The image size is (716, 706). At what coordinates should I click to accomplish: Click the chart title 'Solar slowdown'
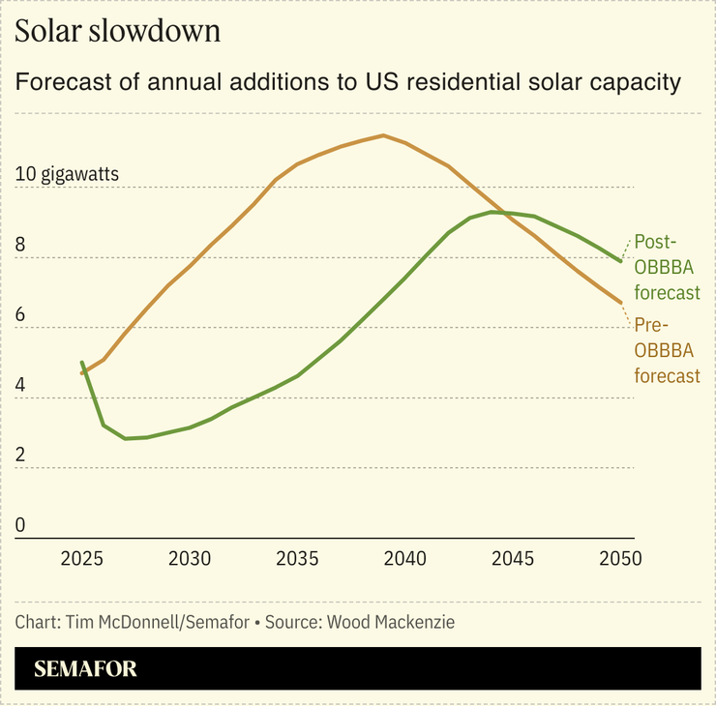118,31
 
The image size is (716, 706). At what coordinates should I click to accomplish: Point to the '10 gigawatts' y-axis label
68,175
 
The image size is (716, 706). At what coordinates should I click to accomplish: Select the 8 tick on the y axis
21,246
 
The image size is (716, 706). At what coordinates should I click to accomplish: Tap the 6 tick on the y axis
21,316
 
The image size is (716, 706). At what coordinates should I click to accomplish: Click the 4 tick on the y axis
21,386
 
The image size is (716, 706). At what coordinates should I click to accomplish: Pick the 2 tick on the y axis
21,456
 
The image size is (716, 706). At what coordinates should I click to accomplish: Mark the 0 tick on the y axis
21,526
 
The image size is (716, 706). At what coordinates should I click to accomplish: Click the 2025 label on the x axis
81,559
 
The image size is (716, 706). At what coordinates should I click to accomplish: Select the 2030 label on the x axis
190,559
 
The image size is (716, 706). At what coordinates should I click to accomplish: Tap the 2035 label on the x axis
297,559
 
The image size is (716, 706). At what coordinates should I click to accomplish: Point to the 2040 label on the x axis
405,559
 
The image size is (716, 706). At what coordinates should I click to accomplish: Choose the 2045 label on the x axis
513,559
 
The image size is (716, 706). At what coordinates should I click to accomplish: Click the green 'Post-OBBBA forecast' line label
666,267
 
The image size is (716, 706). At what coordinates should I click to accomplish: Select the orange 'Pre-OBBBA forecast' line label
666,350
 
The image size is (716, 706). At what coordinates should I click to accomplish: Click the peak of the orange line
383,135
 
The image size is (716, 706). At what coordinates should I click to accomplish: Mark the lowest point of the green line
125,439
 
